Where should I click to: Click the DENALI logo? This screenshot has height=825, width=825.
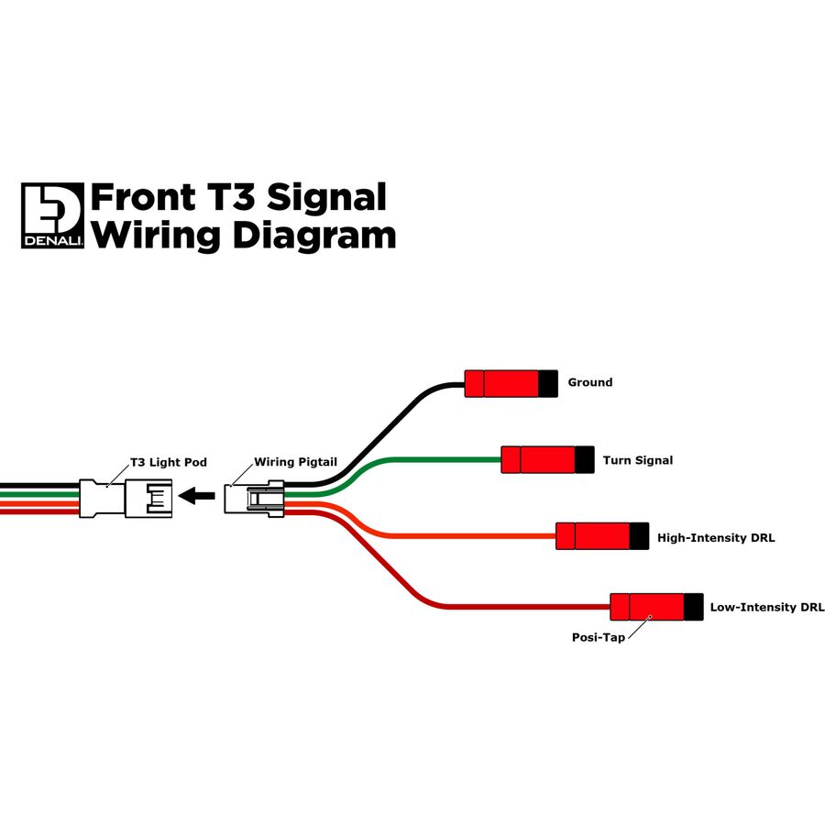pos(52,215)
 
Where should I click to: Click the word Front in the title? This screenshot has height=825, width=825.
pos(143,198)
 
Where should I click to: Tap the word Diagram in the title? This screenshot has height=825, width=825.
pos(314,236)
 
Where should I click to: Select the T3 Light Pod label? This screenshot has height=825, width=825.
pos(169,463)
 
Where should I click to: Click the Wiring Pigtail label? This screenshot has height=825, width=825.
pos(295,462)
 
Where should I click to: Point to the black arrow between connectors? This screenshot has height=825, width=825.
pos(197,496)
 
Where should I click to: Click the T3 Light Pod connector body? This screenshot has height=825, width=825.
pos(126,498)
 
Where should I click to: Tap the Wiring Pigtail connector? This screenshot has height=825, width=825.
pos(254,499)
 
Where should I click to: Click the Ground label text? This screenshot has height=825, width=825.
pos(589,382)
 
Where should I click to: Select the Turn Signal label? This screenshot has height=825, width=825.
pos(638,460)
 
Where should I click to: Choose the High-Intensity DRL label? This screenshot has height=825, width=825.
pos(716,538)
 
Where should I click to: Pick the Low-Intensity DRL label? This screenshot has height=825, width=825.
pos(767,607)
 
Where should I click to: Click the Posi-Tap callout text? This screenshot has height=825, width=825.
pos(599,638)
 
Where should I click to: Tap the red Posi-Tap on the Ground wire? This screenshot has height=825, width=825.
pos(511,383)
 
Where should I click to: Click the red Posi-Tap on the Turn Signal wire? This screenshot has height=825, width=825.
pos(548,460)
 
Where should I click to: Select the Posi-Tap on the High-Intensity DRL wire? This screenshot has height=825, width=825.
pos(602,536)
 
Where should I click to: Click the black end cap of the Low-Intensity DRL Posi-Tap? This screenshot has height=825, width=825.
pos(694,607)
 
